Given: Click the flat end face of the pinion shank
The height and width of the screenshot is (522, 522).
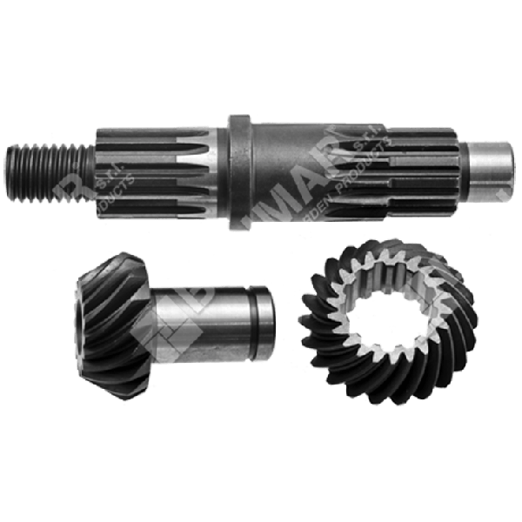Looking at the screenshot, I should [271, 326].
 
